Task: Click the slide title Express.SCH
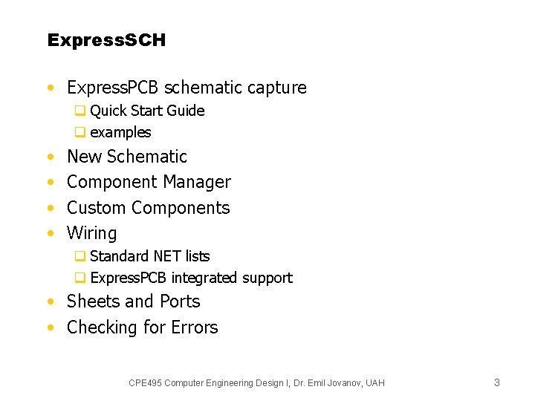(x=106, y=40)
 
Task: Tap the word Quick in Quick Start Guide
(x=108, y=111)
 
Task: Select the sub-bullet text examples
(x=120, y=133)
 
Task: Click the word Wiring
(x=92, y=233)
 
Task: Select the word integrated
(x=204, y=278)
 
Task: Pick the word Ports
(x=179, y=301)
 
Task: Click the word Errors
(x=195, y=327)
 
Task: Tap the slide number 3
(x=497, y=382)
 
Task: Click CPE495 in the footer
(x=145, y=383)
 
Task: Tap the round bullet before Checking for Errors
(x=50, y=327)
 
